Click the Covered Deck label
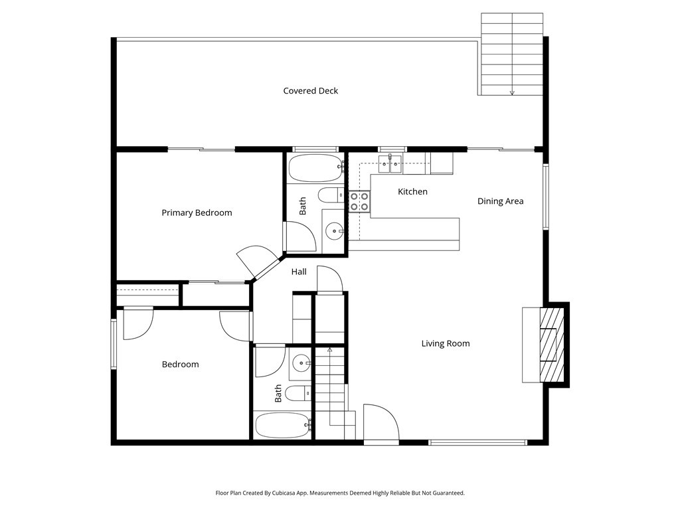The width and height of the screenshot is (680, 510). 310,91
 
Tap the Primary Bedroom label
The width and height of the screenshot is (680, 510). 197,213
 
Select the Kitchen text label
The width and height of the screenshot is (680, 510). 412,192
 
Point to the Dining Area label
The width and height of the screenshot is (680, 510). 500,201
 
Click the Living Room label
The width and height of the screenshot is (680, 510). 445,344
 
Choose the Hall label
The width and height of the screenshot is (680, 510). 299,272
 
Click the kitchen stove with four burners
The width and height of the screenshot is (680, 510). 359,201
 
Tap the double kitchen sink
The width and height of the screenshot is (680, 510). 390,162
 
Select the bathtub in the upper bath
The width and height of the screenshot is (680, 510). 315,168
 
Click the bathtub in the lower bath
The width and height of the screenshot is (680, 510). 282,425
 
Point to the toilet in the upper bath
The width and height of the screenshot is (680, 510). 329,195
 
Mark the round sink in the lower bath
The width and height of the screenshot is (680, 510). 302,363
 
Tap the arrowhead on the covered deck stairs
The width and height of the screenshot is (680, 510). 512,93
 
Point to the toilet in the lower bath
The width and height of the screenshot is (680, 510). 299,394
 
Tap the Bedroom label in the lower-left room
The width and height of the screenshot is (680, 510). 180,365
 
